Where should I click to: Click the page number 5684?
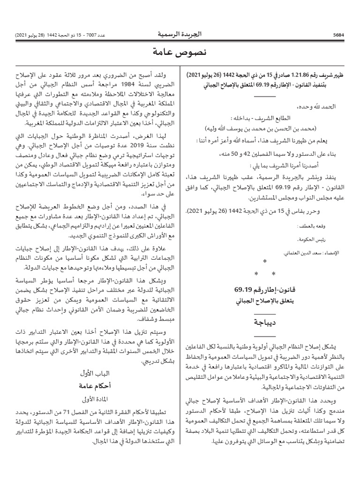(x=339, y=35)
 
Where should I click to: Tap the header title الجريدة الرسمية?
(x=180, y=34)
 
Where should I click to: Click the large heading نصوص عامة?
(x=180, y=52)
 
